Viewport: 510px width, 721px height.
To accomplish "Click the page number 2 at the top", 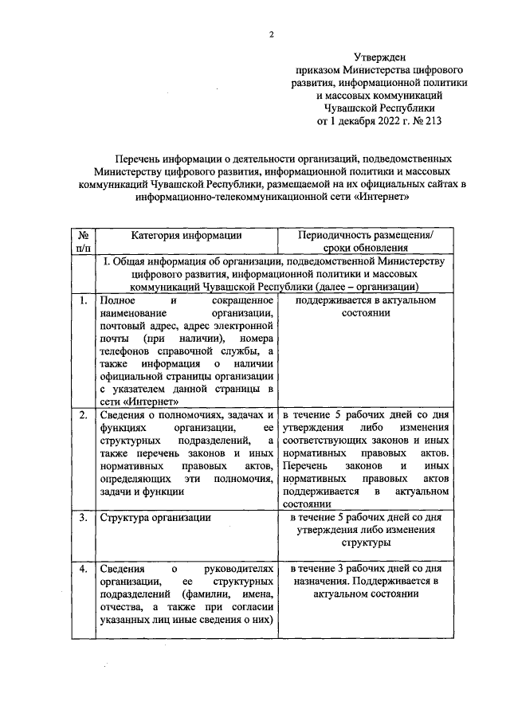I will (x=272, y=33).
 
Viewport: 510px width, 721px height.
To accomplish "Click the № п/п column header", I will (x=82, y=241).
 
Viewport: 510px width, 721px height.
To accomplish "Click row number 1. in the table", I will (x=82, y=300).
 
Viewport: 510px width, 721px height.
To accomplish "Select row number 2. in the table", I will (x=82, y=415).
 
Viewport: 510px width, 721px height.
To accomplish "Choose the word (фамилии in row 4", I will (x=206, y=594).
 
